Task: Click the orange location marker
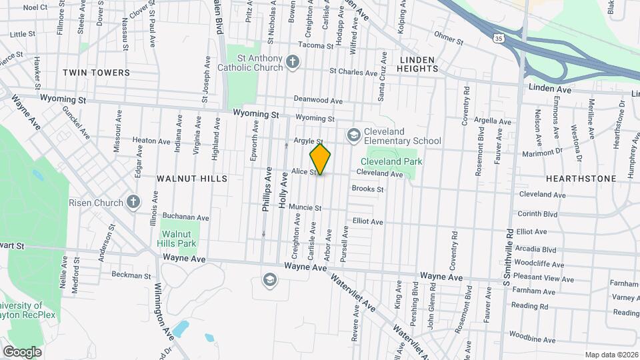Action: coord(320,159)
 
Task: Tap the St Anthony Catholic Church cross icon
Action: coord(291,62)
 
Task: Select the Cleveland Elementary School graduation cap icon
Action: coord(352,135)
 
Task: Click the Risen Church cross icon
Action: coord(133,203)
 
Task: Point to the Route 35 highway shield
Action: coord(498,38)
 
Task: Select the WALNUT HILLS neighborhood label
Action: coord(192,179)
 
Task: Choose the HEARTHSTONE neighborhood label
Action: coord(571,179)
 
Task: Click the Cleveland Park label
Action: coord(392,161)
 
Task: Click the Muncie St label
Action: coord(305,207)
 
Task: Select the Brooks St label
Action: coord(367,189)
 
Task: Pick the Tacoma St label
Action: coord(315,46)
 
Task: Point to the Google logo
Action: coord(22,351)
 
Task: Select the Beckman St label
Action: coord(131,275)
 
